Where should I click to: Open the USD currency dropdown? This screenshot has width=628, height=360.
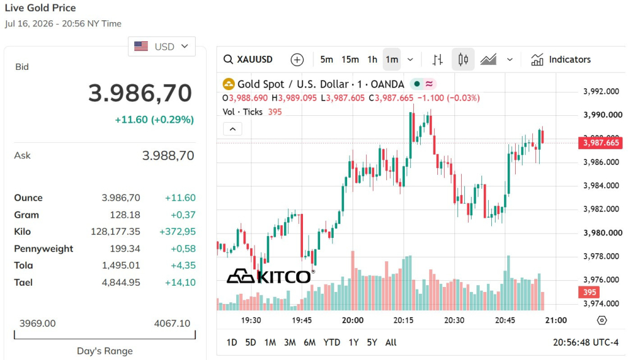tap(161, 47)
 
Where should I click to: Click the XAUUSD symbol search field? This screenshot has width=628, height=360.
tap(248, 59)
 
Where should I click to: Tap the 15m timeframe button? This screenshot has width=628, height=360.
tap(350, 59)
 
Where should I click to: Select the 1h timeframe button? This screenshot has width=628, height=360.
tap(372, 59)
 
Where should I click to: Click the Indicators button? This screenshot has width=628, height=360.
tap(561, 59)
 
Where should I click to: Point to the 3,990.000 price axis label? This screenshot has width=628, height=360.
tap(602, 115)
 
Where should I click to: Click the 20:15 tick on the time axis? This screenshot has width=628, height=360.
tap(404, 320)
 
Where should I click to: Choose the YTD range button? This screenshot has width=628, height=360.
tap(332, 342)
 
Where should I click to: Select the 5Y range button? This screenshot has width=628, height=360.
tap(372, 342)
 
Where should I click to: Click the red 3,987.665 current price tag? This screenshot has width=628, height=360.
tap(600, 143)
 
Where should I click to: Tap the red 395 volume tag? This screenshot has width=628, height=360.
tap(589, 293)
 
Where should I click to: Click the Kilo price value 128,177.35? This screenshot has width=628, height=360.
tap(115, 232)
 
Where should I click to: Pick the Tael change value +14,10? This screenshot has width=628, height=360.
tap(180, 283)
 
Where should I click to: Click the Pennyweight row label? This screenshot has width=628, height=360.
tap(44, 248)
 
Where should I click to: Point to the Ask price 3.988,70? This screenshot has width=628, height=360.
tap(168, 155)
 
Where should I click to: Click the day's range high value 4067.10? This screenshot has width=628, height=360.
tap(172, 324)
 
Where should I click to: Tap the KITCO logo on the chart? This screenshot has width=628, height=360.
tap(270, 277)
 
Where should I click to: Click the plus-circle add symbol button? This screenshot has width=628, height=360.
tap(297, 59)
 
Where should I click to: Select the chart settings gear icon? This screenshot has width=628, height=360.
tap(602, 320)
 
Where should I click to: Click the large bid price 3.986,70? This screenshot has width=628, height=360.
tap(140, 93)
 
